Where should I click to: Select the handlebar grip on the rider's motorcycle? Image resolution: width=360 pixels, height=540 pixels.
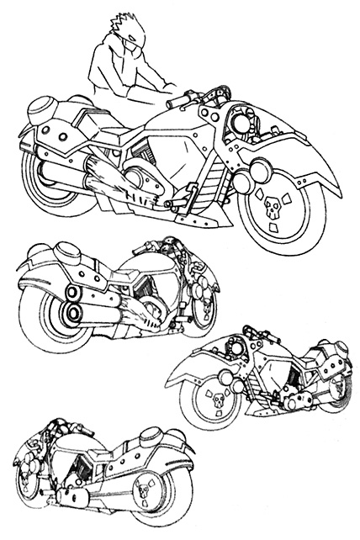(179, 102)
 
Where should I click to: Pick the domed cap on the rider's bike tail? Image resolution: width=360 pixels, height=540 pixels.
(43, 109)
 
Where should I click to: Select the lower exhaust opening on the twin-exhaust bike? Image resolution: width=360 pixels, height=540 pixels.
(75, 316)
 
